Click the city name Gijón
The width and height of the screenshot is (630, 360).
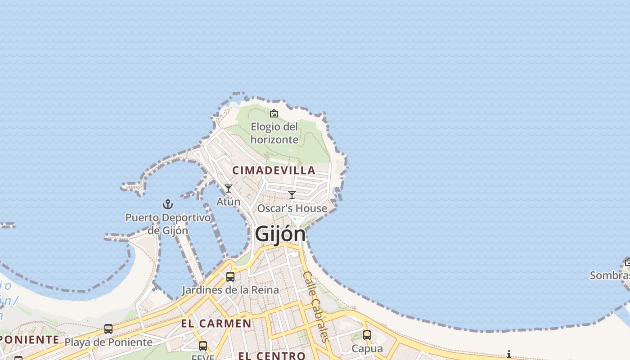[280, 234]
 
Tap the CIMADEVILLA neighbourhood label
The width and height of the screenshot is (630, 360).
[274, 171]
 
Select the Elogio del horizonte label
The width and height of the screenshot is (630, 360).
[274, 133]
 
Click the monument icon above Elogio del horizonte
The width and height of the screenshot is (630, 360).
[274, 113]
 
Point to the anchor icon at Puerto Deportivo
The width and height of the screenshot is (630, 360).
[168, 205]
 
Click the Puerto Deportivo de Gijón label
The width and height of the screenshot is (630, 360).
[168, 224]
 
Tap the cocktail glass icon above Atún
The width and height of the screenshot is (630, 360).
[229, 189]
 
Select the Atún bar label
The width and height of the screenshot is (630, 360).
[229, 202]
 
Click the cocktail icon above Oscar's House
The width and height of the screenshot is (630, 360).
[292, 195]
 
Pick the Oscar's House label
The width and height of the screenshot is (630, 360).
[292, 208]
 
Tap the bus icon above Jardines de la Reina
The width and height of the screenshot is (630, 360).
[230, 276]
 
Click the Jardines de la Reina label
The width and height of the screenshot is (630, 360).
[230, 290]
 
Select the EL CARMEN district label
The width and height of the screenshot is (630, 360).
[216, 323]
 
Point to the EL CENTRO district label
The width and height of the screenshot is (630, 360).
[272, 356]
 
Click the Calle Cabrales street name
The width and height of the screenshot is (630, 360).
[317, 306]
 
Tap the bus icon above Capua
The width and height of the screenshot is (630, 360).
[367, 335]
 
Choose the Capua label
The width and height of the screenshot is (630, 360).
[367, 349]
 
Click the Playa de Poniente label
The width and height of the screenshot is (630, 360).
[108, 342]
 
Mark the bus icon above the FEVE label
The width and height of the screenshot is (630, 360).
[203, 346]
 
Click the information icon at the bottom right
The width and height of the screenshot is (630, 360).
[509, 355]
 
